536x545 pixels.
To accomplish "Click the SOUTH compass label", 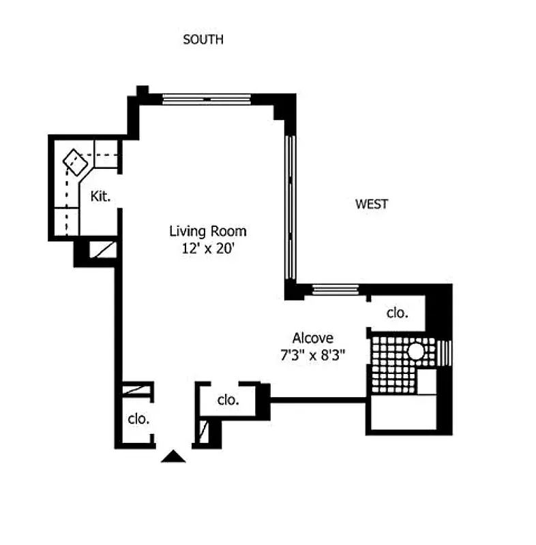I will tap(203, 40).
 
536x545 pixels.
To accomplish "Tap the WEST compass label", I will tap(372, 204).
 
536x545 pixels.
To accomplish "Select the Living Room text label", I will tap(207, 231).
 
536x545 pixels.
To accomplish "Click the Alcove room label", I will tap(312, 338).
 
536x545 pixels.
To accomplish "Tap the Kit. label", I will tap(100, 197).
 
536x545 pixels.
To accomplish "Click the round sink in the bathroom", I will tap(416, 351).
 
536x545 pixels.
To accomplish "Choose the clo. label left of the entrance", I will tap(138, 419).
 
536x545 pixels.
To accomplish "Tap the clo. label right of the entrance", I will tap(228, 400).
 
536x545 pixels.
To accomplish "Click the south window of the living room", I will tap(207, 99).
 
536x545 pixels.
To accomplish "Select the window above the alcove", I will tap(335, 290).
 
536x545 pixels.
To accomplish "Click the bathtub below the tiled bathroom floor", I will tap(402, 414).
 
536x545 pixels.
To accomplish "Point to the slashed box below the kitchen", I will tap(104, 249).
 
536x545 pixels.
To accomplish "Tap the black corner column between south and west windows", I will tap(286, 106).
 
